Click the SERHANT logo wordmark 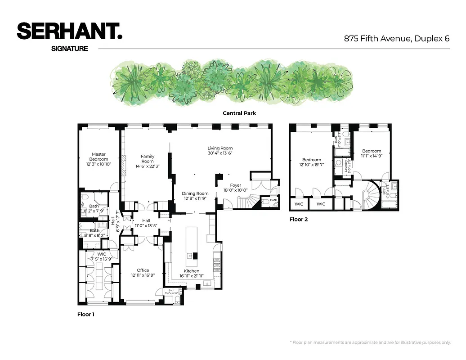pos(70,31)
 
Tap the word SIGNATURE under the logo pos(70,48)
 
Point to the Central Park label pos(239,113)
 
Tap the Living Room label pos(220,148)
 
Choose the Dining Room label pos(196,193)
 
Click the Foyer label pos(235,185)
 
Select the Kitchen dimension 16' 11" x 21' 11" pos(192,275)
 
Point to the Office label pos(143,270)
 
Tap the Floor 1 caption pos(86,315)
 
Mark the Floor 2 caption pos(299,220)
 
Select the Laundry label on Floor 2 pos(346,166)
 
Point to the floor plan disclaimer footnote pos(370,342)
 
